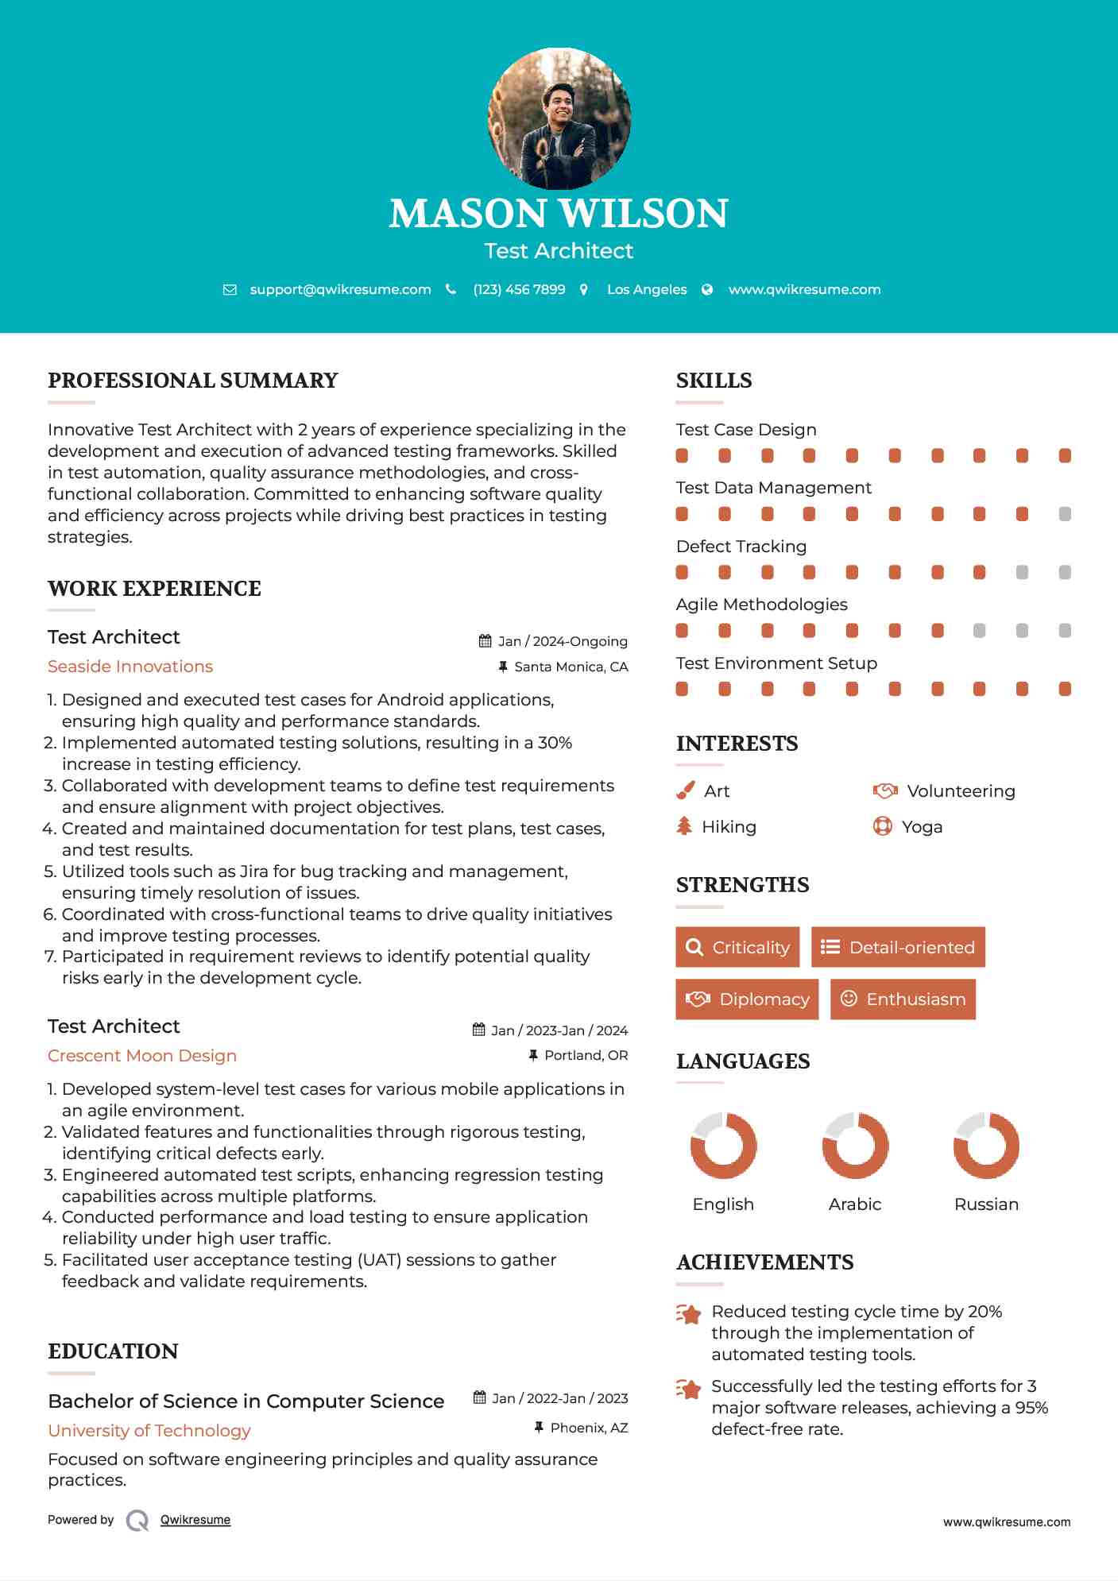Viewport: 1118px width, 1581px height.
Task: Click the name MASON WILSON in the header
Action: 559,214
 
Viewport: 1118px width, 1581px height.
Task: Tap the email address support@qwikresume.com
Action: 340,290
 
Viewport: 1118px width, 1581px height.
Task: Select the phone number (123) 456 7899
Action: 519,290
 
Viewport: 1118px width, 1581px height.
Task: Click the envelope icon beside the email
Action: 230,290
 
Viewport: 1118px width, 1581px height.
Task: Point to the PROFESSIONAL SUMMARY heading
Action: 193,381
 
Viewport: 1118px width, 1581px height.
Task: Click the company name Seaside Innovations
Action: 130,667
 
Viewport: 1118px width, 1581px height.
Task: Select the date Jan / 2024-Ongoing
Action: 563,641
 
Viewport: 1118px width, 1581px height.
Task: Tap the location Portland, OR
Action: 586,1055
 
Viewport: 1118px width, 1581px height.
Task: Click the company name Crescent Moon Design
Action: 142,1056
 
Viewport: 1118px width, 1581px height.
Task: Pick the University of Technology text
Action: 149,1431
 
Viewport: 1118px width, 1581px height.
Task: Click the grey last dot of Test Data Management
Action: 1065,514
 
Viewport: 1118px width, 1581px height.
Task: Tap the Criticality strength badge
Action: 737,947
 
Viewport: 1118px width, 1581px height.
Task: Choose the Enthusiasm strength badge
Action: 903,999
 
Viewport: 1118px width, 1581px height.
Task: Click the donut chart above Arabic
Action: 855,1145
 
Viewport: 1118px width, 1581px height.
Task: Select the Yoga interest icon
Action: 882,827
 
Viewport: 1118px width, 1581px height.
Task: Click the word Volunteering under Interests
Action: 961,791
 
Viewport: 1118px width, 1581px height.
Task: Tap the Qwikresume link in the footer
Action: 195,1520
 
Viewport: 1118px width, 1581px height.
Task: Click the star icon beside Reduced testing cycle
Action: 688,1314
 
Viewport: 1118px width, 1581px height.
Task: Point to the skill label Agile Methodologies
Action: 761,605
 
